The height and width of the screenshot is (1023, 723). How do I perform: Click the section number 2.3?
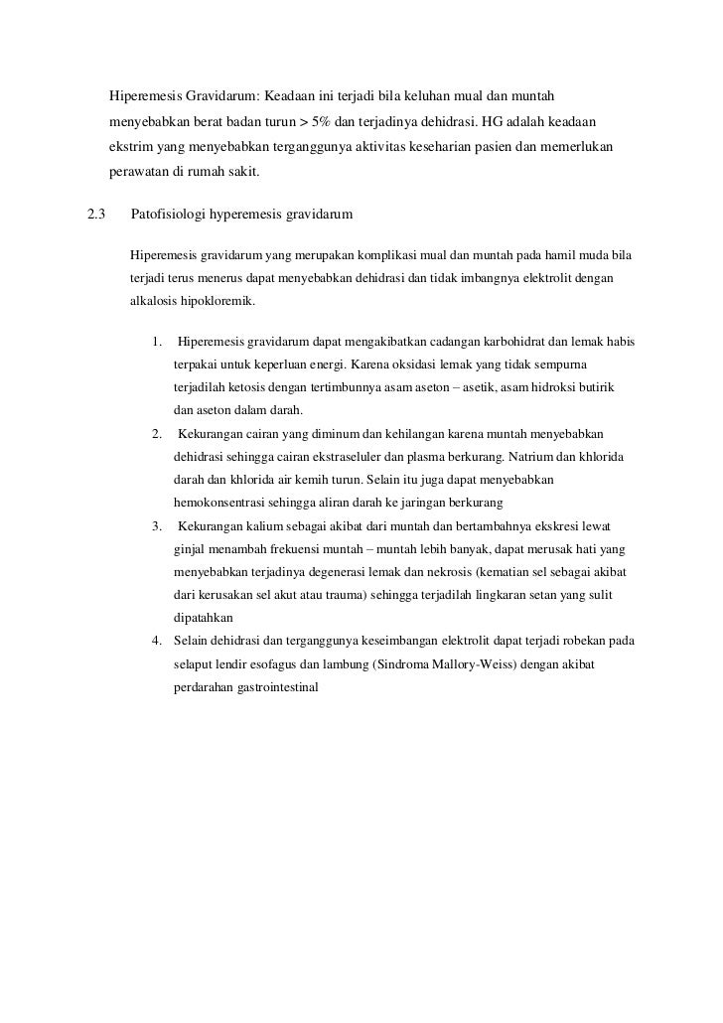click(96, 215)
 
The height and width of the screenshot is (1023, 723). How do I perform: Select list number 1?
click(158, 343)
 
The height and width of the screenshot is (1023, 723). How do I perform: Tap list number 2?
click(158, 434)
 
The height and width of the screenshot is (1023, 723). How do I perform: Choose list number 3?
click(158, 524)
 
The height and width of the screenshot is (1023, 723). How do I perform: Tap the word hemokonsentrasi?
click(220, 503)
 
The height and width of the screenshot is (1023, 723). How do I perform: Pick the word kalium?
click(257, 524)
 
